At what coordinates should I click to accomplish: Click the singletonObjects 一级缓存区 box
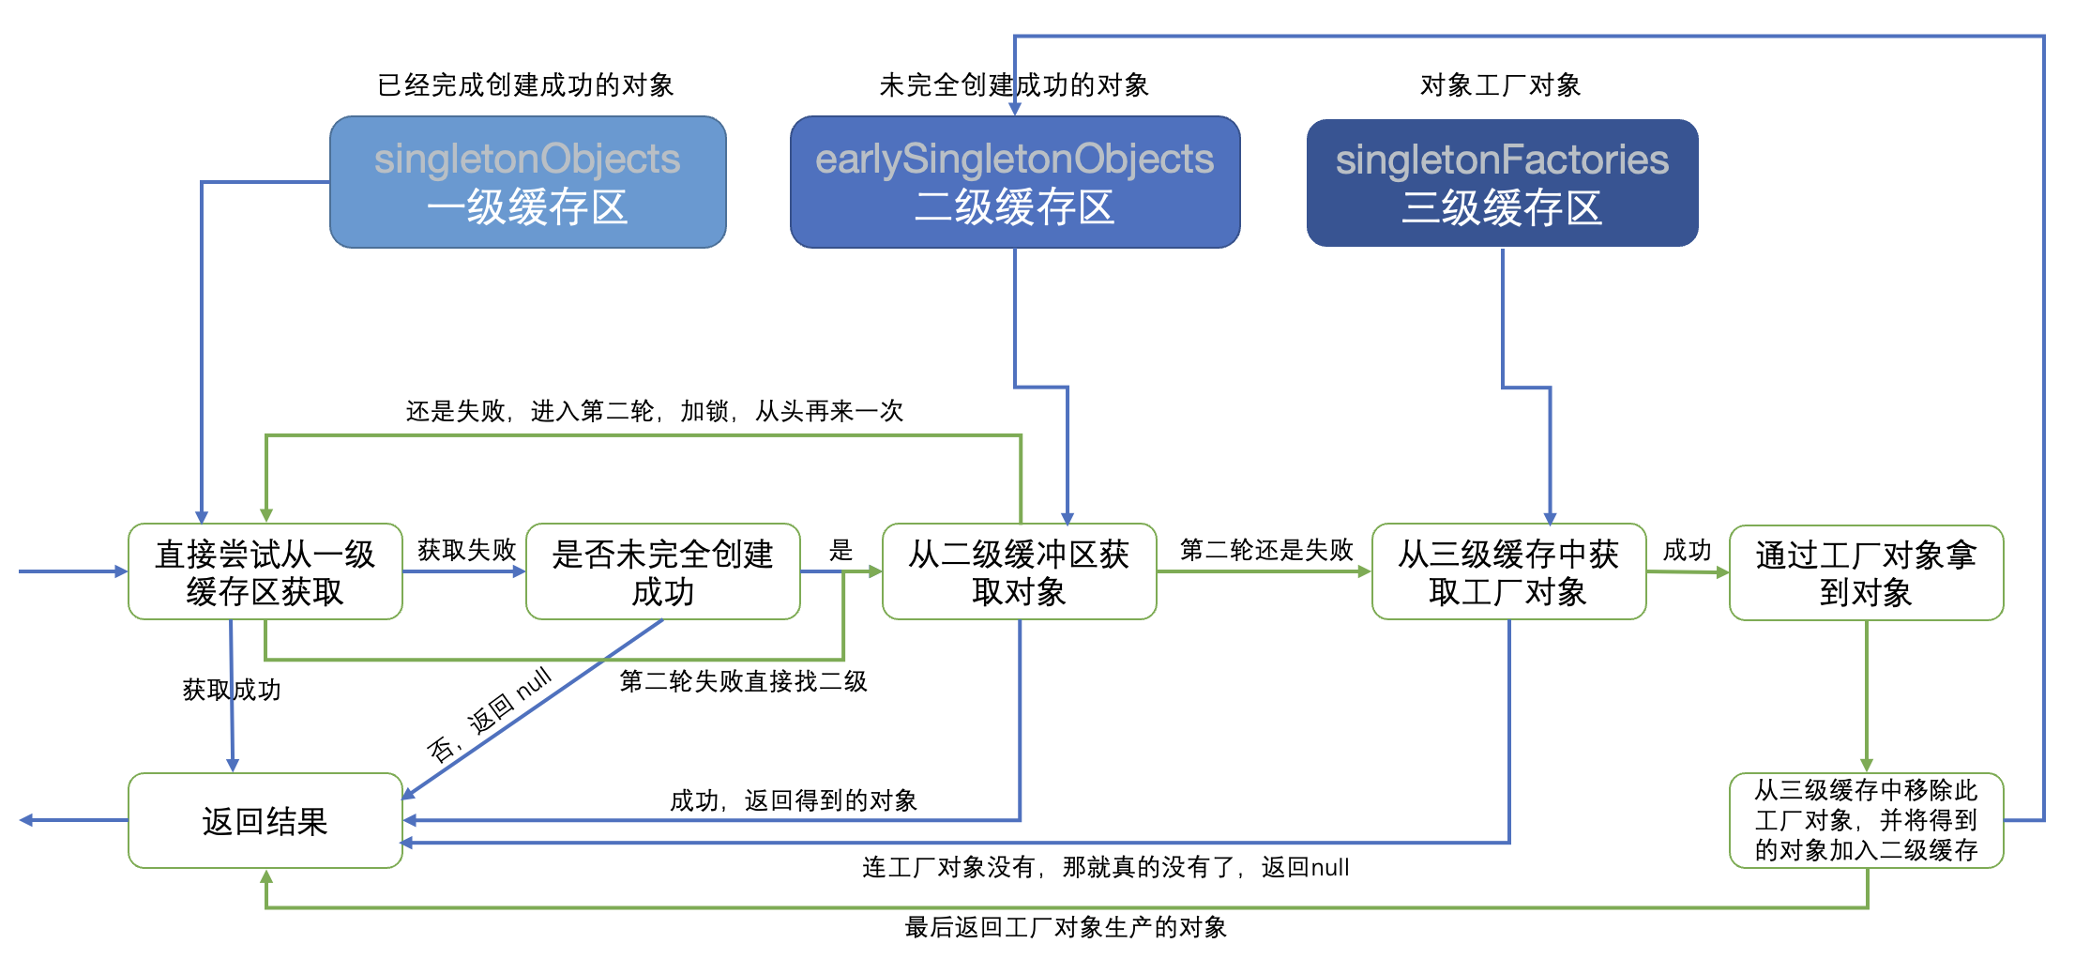pos(527,182)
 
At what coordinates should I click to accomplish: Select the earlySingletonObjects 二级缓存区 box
pos(1015,182)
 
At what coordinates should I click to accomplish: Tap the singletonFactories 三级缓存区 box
pos(1502,183)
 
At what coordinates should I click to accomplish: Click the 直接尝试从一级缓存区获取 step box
pos(265,571)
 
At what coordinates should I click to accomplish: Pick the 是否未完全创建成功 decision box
pos(662,571)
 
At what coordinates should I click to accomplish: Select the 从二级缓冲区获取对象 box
pos(1019,571)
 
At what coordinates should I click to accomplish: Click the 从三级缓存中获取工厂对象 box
pos(1508,571)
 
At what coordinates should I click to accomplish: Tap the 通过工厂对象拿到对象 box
pos(1866,572)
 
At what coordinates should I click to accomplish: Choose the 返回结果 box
pos(265,821)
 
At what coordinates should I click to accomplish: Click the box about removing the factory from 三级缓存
pos(1866,820)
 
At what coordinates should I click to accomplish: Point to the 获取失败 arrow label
pos(466,550)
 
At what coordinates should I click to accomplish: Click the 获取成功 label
pos(232,690)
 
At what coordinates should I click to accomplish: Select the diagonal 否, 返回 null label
pos(490,715)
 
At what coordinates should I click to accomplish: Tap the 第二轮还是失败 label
pos(1265,550)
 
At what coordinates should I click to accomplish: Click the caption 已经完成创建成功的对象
pos(525,85)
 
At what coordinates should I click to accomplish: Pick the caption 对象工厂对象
pos(1500,85)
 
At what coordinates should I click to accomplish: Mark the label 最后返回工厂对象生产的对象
pos(1066,927)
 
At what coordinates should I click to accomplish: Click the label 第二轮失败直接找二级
pos(743,681)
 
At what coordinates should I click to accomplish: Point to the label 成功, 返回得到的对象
pos(793,800)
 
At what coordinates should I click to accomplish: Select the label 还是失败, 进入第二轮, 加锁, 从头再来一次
pos(654,411)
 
